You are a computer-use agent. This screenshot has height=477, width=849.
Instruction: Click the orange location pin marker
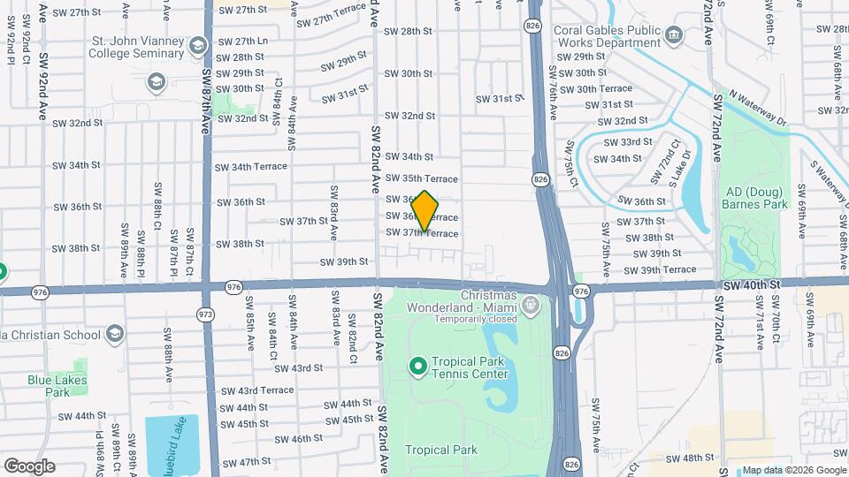424,211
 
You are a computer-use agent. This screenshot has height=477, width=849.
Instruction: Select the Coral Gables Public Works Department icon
675,36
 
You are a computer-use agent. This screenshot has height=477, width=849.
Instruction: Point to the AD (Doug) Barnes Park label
756,198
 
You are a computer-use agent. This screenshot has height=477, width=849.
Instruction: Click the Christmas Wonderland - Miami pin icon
531,307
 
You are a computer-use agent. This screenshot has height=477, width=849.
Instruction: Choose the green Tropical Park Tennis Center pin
418,365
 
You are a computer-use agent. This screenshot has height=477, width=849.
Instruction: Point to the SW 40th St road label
751,285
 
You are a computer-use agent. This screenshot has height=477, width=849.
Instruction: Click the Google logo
29,466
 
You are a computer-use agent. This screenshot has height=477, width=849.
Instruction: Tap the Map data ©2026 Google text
793,470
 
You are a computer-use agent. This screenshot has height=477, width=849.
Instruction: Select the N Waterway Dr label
757,108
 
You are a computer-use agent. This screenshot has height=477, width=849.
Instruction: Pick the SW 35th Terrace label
421,178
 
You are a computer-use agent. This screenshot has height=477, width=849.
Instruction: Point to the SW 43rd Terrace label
257,390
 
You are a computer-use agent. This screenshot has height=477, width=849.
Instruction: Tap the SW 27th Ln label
243,42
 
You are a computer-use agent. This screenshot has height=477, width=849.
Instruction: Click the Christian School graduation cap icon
114,334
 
